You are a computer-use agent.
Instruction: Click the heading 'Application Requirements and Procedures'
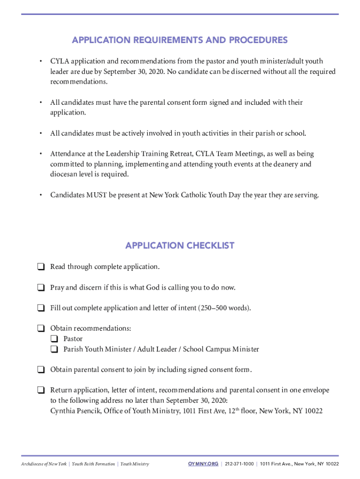click(180, 40)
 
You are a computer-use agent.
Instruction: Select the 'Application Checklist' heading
click(180, 246)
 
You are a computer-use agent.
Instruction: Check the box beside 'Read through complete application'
click(41, 267)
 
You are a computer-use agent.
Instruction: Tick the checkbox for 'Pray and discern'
click(41, 288)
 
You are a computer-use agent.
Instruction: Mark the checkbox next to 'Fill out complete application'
click(41, 308)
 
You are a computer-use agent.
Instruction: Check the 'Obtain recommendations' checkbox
click(41, 329)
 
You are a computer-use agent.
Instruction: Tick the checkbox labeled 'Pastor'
click(55, 339)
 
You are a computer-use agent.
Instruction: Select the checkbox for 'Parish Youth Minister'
click(55, 349)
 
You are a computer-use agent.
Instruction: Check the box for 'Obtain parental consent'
click(41, 370)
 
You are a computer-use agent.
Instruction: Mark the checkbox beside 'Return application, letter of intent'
click(41, 390)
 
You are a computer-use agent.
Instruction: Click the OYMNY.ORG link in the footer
click(203, 464)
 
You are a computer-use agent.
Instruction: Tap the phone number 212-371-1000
click(239, 464)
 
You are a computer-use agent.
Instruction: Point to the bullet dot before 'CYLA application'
click(41, 61)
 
